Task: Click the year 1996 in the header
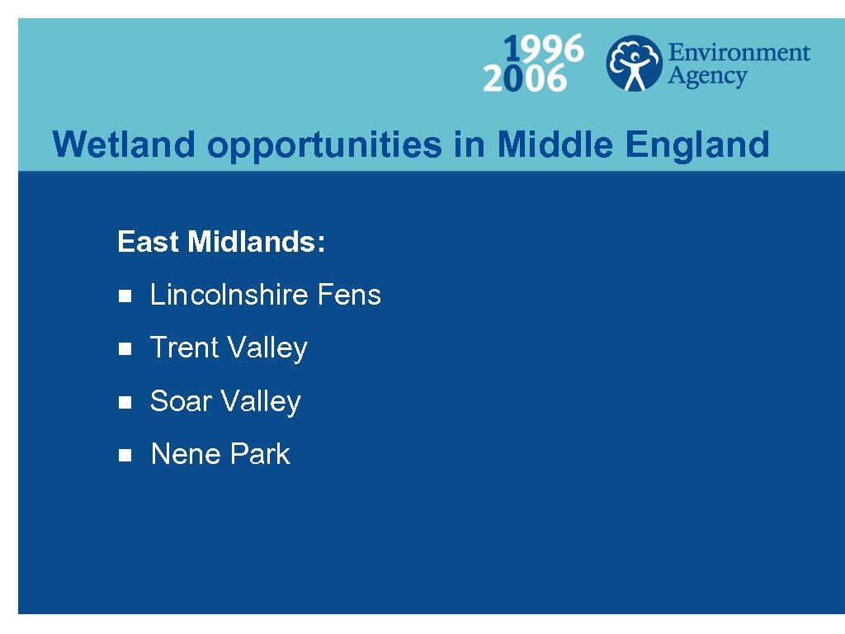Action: pos(544,49)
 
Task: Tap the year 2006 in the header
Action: pos(525,79)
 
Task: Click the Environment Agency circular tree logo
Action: pos(634,63)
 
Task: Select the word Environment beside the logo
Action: pos(739,53)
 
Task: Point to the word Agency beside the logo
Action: pos(707,77)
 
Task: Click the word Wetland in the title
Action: pos(125,144)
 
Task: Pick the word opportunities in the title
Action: pos(324,145)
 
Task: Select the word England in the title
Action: pos(697,145)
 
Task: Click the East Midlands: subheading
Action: pos(221,242)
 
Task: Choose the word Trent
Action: pos(185,348)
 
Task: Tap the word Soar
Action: pos(182,401)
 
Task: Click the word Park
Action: pos(260,454)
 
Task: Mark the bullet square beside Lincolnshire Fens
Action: pos(125,296)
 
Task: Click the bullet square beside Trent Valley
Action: pos(125,349)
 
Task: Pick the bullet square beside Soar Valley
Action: pos(125,402)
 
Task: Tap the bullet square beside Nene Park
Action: pos(125,455)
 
